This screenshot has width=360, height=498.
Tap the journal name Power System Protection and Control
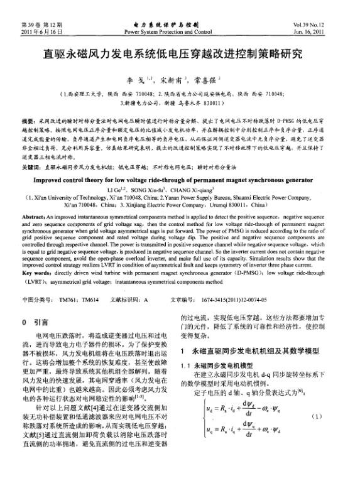point(180,31)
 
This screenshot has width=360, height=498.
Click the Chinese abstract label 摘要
point(29,119)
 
